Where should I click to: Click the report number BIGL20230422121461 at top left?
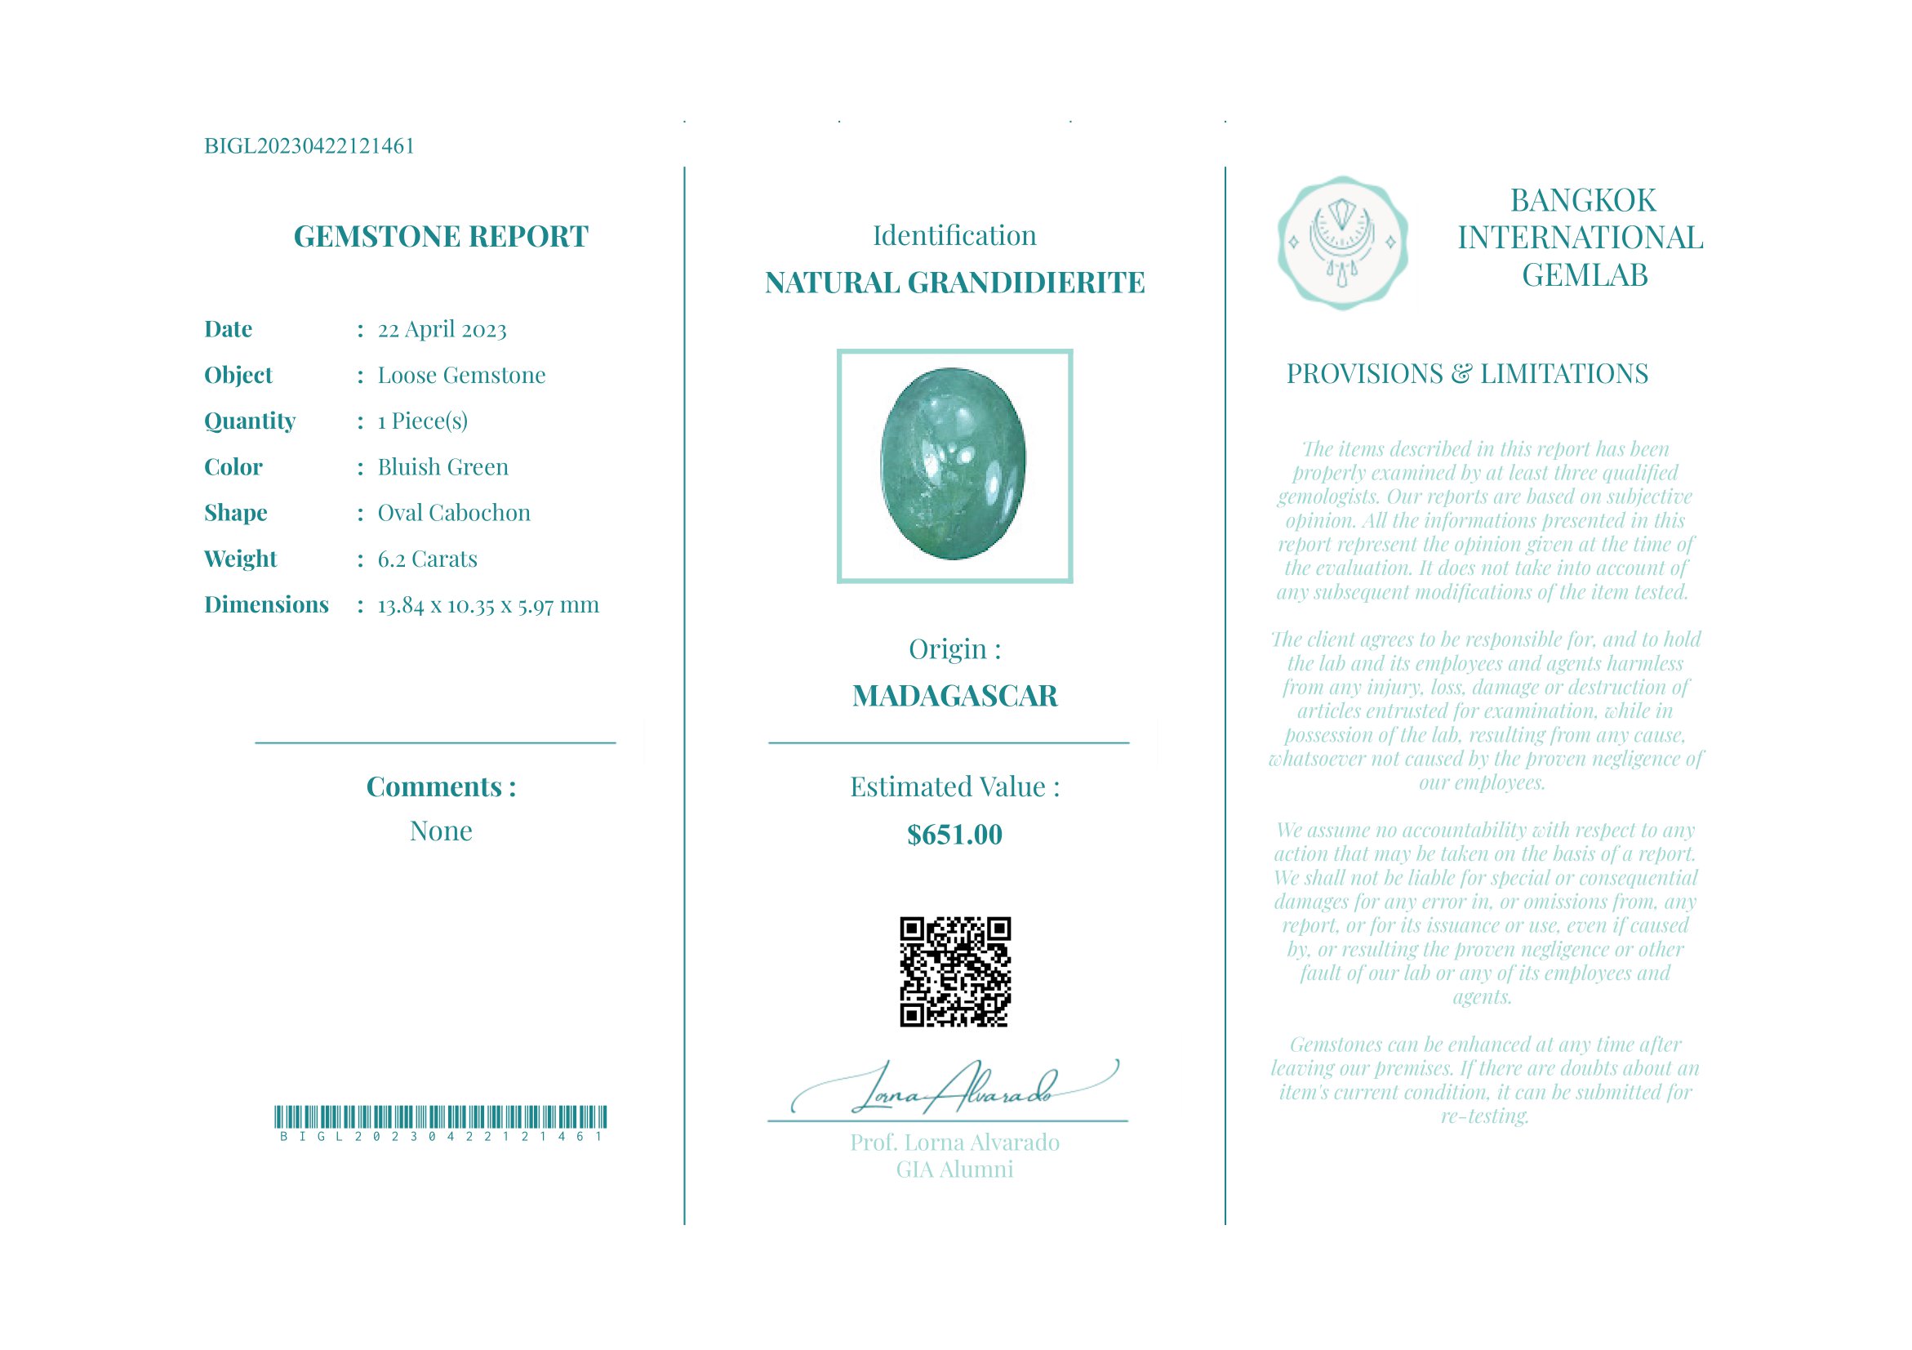click(309, 146)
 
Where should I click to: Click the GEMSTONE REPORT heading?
click(441, 237)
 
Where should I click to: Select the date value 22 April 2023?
click(442, 330)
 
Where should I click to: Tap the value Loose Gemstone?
click(461, 376)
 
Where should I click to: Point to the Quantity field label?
click(250, 421)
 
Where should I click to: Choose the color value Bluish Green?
click(442, 467)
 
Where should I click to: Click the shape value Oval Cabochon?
click(454, 513)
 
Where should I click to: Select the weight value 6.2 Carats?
click(427, 559)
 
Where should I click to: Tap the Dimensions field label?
click(266, 604)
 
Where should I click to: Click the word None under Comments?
click(441, 831)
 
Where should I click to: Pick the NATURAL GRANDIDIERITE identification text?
click(954, 283)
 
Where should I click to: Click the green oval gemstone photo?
click(954, 464)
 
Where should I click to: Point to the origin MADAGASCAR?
click(954, 697)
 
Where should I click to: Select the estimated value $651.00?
click(954, 835)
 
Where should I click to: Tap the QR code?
click(954, 972)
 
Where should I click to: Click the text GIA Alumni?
click(954, 1170)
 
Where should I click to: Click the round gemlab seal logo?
click(1342, 243)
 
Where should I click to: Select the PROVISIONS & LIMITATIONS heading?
click(1466, 374)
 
